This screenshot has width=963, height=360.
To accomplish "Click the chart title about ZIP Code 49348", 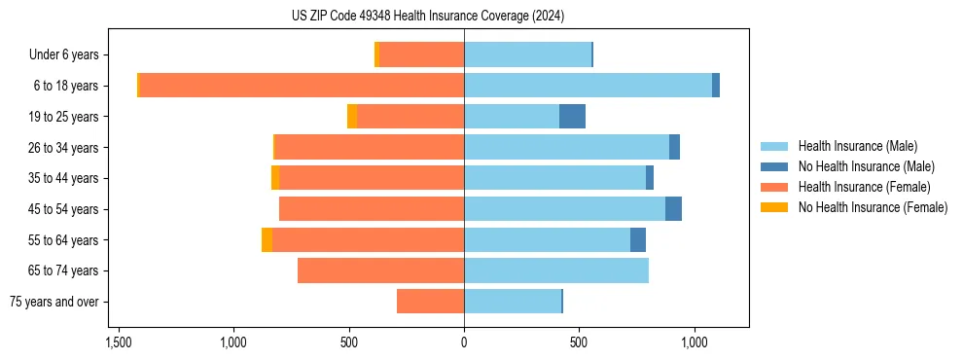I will pyautogui.click(x=427, y=16).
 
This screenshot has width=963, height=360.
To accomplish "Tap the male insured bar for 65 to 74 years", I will pyautogui.click(x=556, y=270).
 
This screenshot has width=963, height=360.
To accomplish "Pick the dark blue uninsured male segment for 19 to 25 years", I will pyautogui.click(x=572, y=117).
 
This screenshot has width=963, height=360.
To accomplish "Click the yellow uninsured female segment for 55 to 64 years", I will pyautogui.click(x=267, y=239).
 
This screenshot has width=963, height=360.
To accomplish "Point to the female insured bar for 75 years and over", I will pyautogui.click(x=430, y=302).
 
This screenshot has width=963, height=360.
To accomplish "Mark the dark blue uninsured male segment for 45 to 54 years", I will pyautogui.click(x=673, y=209).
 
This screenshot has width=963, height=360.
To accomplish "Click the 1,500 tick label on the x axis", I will pyautogui.click(x=119, y=343).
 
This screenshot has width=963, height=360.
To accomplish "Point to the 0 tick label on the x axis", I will pyautogui.click(x=464, y=343).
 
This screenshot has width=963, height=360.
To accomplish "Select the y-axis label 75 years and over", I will pyautogui.click(x=54, y=302).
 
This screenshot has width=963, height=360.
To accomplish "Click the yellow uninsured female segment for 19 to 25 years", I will pyautogui.click(x=352, y=117).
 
